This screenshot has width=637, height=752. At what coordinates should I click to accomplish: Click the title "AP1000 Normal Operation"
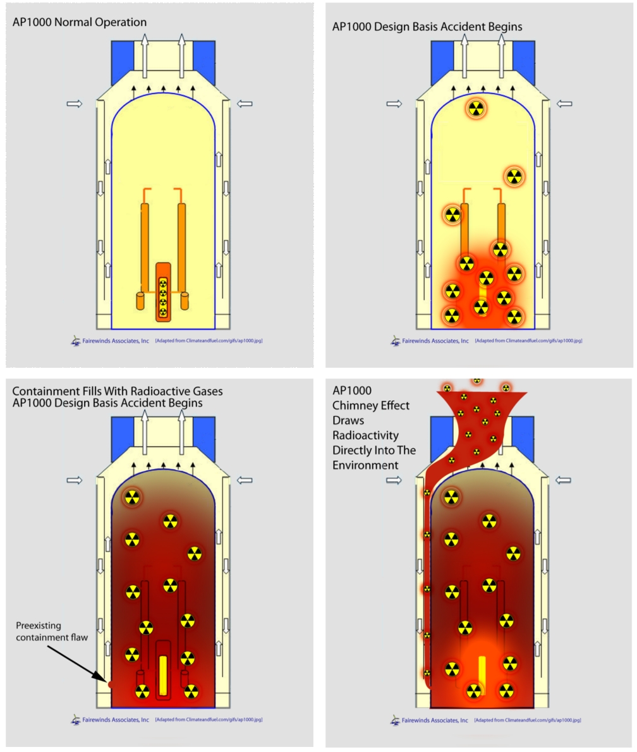pyautogui.click(x=80, y=22)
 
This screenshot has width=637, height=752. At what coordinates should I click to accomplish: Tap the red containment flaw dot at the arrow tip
pyautogui.click(x=108, y=683)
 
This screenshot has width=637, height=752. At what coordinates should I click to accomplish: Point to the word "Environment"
pyautogui.click(x=367, y=465)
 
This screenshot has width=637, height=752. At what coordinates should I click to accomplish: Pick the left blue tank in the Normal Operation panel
pyautogui.click(x=123, y=61)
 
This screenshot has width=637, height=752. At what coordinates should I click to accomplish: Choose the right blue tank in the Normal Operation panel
pyautogui.click(x=203, y=61)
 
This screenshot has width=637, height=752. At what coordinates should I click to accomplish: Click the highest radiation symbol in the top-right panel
pyautogui.click(x=476, y=108)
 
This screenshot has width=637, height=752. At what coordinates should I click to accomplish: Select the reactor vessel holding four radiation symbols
pyautogui.click(x=163, y=292)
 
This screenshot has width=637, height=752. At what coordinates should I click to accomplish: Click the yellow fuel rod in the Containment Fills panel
pyautogui.click(x=162, y=676)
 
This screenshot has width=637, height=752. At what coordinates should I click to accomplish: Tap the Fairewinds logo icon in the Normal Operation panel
pyautogui.click(x=75, y=340)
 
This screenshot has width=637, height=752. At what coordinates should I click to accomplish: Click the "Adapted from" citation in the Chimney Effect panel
pyautogui.click(x=528, y=720)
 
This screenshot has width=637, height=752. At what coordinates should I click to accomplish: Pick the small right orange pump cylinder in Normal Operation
pyautogui.click(x=185, y=301)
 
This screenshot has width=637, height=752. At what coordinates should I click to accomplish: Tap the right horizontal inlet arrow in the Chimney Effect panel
pyautogui.click(x=564, y=480)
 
